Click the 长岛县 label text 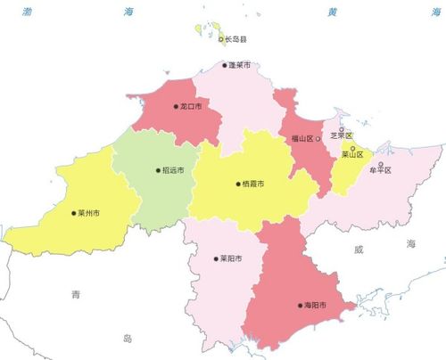point(237,39)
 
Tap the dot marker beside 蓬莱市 point(225,64)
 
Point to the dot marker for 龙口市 point(177,107)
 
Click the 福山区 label point(302,139)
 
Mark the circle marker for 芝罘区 point(342,129)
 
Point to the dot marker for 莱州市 point(73,213)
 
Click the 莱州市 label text point(88,213)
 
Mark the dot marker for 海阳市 point(301,306)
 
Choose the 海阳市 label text point(316,306)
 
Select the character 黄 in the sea point(332,12)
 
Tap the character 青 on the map point(78,293)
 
